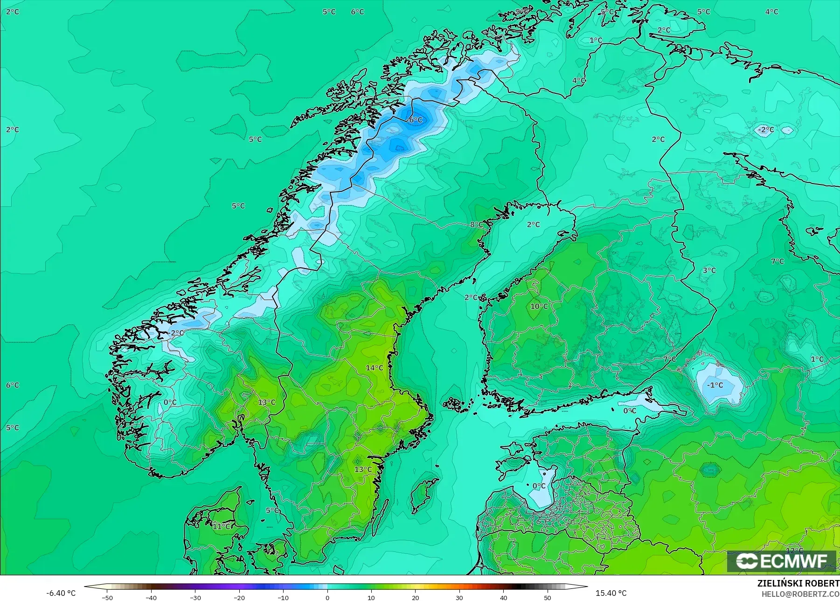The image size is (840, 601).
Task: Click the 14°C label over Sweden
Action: [374, 368]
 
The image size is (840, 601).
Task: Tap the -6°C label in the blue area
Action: [414, 120]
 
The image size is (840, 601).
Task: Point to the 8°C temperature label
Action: [476, 225]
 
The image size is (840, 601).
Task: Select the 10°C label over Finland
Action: [539, 306]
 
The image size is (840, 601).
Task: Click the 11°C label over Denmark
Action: [222, 526]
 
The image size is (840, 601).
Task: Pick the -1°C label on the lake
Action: [715, 385]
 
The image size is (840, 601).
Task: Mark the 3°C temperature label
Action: [709, 270]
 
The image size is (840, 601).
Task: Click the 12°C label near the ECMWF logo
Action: [794, 551]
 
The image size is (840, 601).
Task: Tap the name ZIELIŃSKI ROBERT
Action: [798, 583]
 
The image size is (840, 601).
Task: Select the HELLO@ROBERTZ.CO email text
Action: [800, 594]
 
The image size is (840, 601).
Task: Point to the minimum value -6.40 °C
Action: [61, 593]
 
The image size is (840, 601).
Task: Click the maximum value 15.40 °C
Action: [611, 593]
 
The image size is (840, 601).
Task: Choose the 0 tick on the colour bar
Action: [327, 597]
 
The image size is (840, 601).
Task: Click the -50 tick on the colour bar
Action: [107, 597]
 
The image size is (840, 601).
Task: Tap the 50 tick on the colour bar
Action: [548, 597]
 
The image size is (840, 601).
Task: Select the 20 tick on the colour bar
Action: [416, 597]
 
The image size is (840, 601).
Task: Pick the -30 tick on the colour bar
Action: [195, 597]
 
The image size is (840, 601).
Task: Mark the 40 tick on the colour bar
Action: [504, 597]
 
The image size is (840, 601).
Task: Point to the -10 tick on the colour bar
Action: [283, 597]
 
